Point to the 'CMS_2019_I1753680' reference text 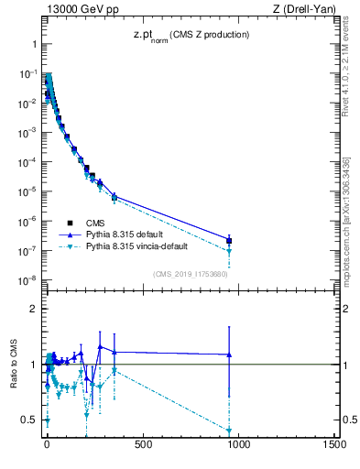click(191, 274)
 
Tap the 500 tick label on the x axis click(143, 446)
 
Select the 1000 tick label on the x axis click(239, 446)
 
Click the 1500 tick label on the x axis click(334, 446)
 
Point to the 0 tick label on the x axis click(47, 446)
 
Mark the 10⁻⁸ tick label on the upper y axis click(28, 280)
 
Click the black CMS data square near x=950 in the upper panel click(229, 241)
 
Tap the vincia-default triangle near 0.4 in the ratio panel click(229, 431)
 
